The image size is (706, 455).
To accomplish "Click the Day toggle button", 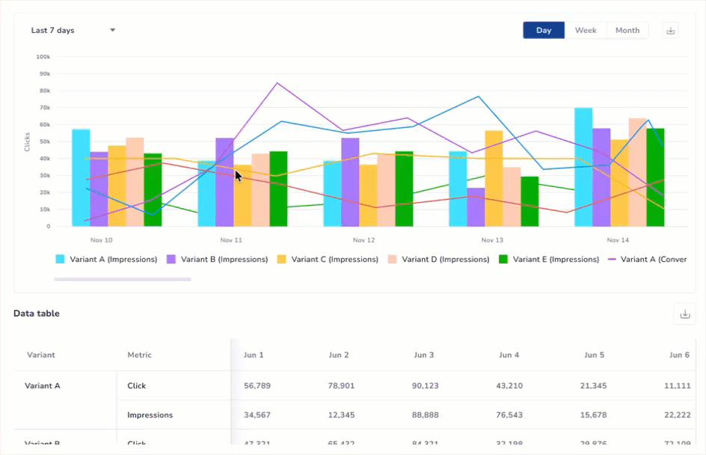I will click(544, 31).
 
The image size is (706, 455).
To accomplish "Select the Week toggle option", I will click(586, 31).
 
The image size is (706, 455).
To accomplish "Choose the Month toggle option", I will click(627, 31).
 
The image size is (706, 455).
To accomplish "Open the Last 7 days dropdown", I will click(73, 31).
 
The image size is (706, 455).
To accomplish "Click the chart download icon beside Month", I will click(671, 31).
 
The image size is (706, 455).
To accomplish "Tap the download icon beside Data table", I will click(684, 314).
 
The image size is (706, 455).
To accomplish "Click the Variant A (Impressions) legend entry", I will click(106, 260).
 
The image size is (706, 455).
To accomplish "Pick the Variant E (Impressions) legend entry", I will click(549, 260).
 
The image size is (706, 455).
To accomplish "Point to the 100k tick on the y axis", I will click(43, 57).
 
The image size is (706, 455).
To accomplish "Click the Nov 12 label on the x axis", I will click(363, 240).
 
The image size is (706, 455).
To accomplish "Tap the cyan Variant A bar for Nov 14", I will click(583, 167).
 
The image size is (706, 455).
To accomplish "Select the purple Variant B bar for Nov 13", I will click(476, 207).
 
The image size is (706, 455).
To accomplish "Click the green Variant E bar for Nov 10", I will click(153, 190).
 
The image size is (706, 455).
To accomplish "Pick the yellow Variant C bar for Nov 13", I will click(494, 178).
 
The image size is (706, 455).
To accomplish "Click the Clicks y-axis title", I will click(28, 141).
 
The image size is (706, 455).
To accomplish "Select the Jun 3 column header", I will click(423, 355).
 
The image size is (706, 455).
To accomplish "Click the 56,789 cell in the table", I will click(257, 386).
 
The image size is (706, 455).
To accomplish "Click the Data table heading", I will click(37, 314).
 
